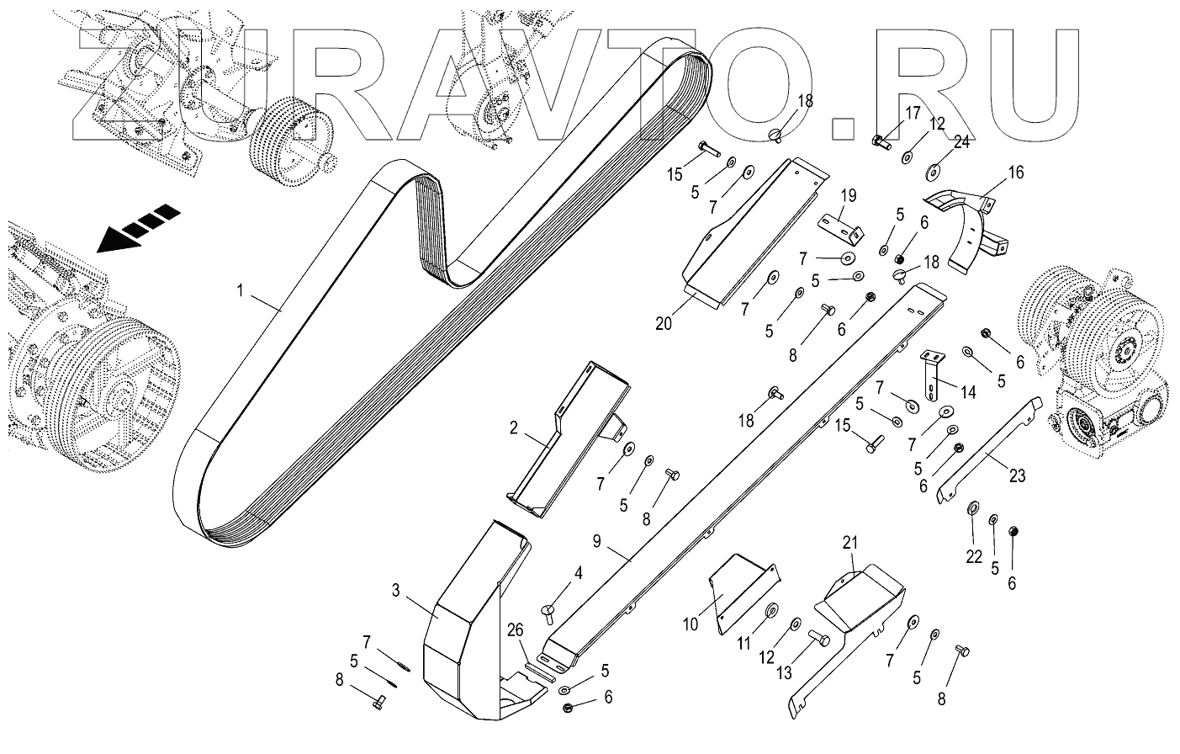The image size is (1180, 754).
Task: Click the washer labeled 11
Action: pos(770,609)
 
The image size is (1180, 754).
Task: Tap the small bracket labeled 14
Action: pos(933,375)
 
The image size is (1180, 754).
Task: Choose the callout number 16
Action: pos(1016,174)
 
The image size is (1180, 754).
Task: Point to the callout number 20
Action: pos(664,322)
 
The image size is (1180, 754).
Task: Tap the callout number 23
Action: pos(1017,475)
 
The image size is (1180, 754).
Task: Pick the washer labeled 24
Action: pos(933,173)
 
